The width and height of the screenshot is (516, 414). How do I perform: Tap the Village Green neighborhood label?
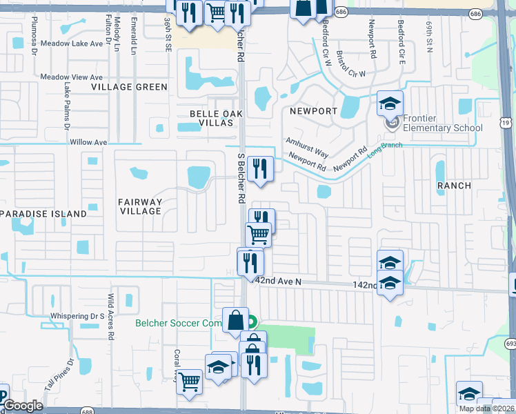131,87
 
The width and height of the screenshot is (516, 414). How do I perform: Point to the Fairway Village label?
141,206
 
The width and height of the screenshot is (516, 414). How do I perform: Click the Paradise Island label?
44,214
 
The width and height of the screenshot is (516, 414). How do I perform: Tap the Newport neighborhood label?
313,111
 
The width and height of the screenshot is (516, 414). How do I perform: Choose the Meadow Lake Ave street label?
71,43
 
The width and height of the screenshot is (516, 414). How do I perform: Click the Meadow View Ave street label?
71,77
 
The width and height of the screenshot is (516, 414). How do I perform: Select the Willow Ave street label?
89,142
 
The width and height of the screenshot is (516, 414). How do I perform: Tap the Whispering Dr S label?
77,317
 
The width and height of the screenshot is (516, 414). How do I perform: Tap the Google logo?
23,406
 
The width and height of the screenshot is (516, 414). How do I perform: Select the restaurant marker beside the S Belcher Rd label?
260,168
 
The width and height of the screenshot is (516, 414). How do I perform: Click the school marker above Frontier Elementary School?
390,103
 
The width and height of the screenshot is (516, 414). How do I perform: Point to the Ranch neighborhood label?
454,186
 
